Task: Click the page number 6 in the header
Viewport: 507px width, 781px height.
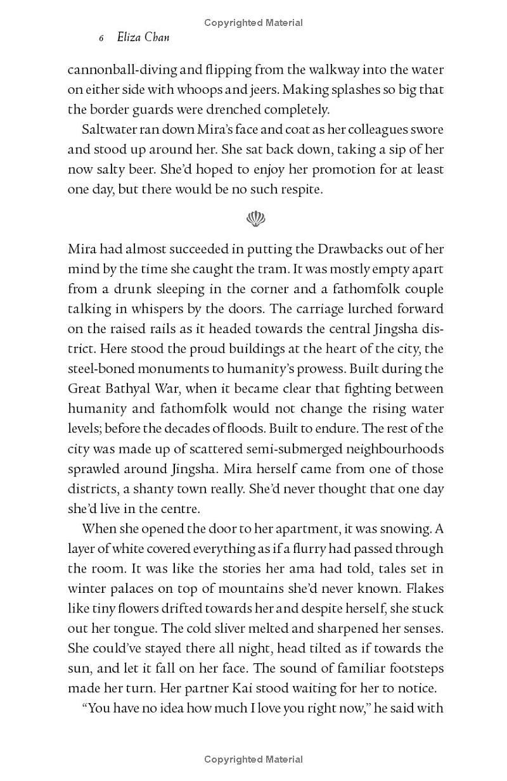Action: pos(101,39)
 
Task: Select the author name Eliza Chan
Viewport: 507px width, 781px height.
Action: pos(143,38)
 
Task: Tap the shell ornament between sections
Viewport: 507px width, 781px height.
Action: pos(255,219)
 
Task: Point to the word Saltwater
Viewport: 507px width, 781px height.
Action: pos(111,129)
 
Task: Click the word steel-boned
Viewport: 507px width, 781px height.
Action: pos(102,369)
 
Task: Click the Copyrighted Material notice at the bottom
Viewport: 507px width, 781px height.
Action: pos(253,759)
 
